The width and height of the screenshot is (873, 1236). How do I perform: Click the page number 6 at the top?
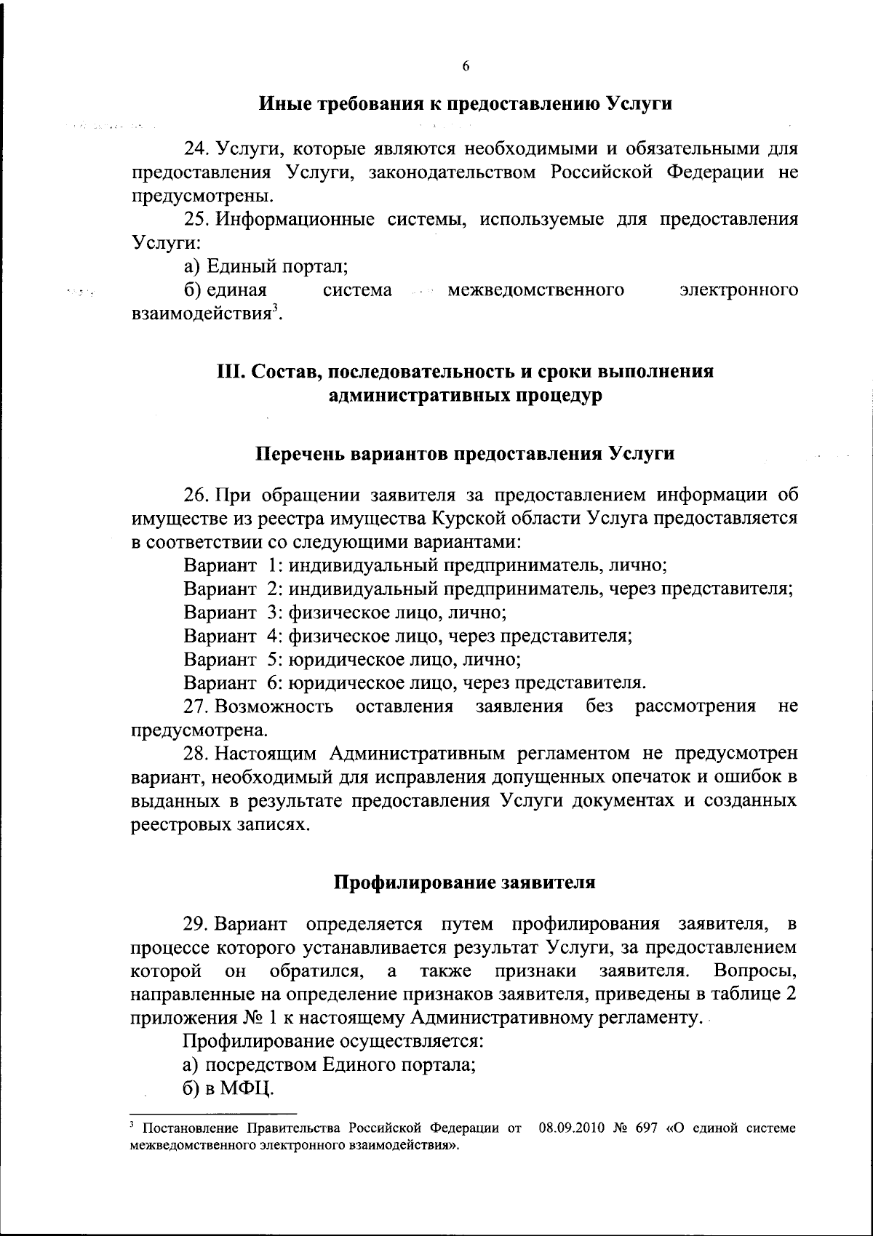[x=466, y=66]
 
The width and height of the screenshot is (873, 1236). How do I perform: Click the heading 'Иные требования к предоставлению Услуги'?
[x=466, y=103]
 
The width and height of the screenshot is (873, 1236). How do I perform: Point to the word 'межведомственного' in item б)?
[x=536, y=290]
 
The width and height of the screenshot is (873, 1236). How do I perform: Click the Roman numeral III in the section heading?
[x=231, y=372]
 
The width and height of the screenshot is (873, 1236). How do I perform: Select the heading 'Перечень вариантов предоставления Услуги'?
[x=466, y=454]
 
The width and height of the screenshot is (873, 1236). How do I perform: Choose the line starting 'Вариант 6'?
[x=415, y=682]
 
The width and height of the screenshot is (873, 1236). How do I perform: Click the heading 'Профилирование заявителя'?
[x=466, y=882]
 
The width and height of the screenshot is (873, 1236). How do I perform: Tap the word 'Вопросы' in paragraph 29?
[x=755, y=971]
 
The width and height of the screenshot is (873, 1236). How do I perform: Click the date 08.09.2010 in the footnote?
[x=567, y=1128]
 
